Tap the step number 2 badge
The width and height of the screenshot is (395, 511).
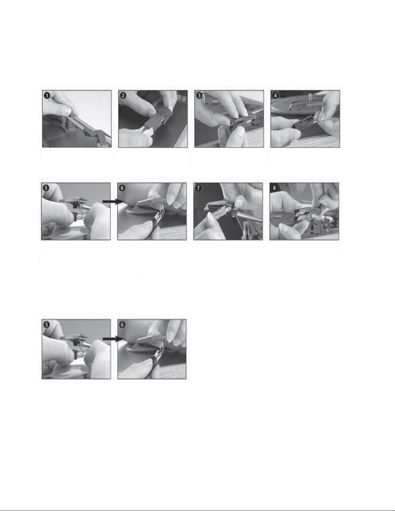pos(123,96)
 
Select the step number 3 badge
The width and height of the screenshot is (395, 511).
pos(200,96)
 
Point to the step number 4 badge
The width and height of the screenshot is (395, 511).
pos(276,96)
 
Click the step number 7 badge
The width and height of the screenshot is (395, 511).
pos(199,188)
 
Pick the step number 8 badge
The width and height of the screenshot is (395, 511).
pos(275,188)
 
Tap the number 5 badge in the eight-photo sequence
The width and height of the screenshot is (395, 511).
pos(46,188)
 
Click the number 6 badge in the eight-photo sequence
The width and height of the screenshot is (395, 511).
pos(123,188)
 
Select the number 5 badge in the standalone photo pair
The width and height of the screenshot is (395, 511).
pos(47,325)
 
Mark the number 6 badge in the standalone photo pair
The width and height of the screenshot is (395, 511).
pos(123,325)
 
